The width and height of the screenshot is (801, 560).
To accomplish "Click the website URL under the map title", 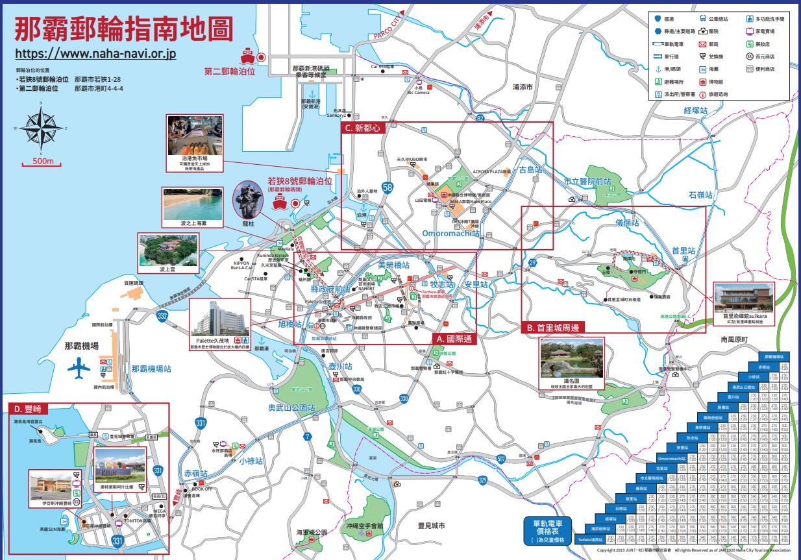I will pos(95,54).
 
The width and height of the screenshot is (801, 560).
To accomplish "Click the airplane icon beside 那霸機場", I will pos(79,369).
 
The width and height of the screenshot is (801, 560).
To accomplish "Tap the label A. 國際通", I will pos(454,338).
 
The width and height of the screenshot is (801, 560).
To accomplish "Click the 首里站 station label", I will pos(684,250).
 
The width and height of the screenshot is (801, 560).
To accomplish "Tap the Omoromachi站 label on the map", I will pos(450,233).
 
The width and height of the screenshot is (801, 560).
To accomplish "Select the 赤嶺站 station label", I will pos(196,474).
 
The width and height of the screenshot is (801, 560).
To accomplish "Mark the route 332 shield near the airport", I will pos(162,315).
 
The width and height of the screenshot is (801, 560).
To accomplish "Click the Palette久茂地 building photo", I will pos(219,322).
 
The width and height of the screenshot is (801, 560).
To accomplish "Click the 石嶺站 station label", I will pos(700,195).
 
